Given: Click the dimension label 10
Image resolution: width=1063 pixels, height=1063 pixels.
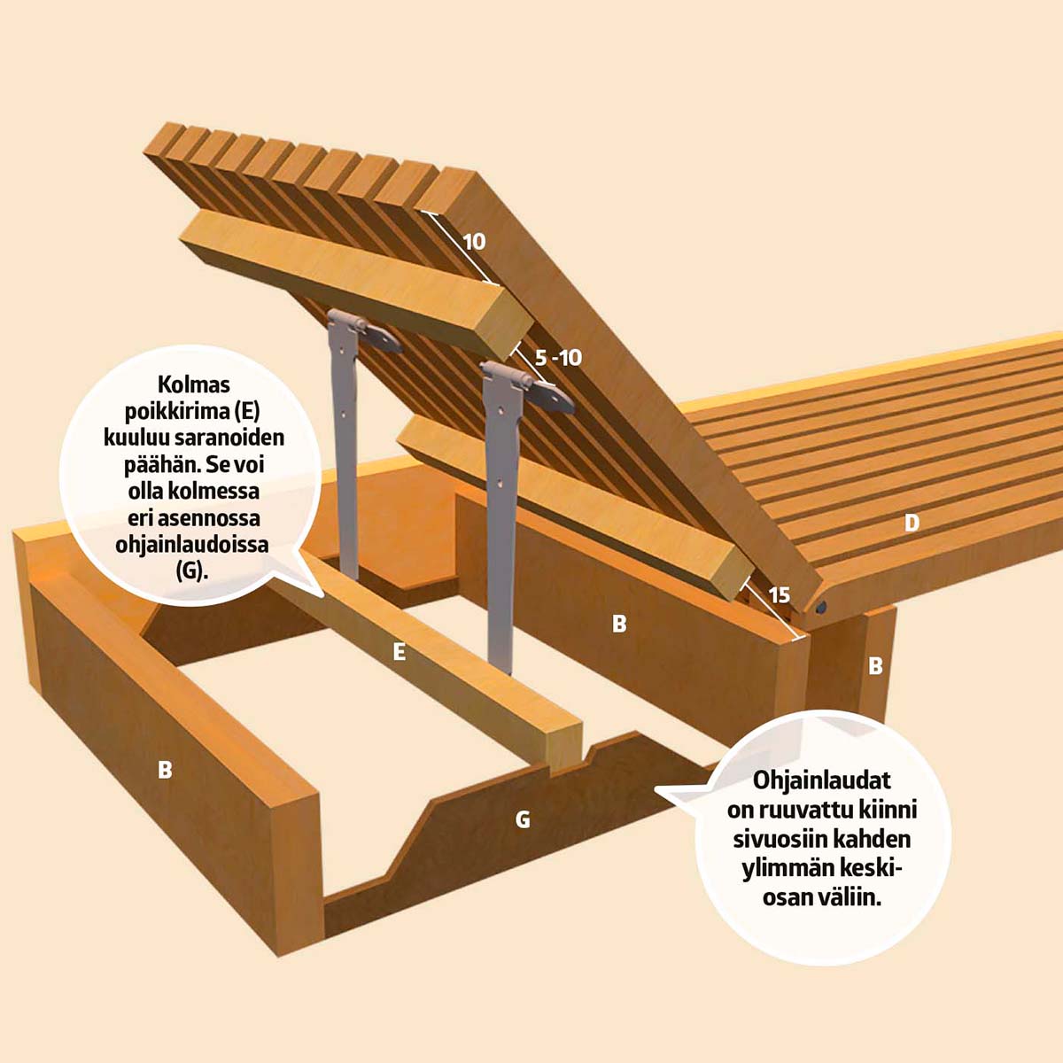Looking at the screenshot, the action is tap(474, 242).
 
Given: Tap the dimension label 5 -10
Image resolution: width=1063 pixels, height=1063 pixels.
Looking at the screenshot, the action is tap(558, 358).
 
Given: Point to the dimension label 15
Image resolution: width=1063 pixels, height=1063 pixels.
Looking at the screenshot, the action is tap(780, 595).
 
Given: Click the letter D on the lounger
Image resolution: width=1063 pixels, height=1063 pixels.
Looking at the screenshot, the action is tap(912, 523).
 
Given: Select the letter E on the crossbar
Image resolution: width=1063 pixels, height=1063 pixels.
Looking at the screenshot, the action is tap(400, 652).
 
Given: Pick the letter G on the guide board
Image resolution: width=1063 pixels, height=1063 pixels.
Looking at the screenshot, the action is tap(523, 820).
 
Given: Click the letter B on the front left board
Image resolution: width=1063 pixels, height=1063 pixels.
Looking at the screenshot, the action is tap(165, 770).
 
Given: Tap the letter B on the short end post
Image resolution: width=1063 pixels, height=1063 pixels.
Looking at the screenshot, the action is tap(875, 666).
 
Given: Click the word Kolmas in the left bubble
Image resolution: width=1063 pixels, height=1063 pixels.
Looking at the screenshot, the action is tap(194, 384).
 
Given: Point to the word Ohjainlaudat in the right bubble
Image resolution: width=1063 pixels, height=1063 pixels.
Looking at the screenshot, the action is tap(822, 780).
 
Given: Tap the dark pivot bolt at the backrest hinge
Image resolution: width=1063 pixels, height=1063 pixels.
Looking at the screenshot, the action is tap(821, 608).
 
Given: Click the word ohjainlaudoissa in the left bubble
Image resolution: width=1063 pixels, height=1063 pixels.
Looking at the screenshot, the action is tap(192, 545).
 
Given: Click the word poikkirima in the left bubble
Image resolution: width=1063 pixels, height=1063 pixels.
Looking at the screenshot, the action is tap(174, 411).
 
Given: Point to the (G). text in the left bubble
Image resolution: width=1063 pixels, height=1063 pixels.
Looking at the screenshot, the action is tap(192, 571).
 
